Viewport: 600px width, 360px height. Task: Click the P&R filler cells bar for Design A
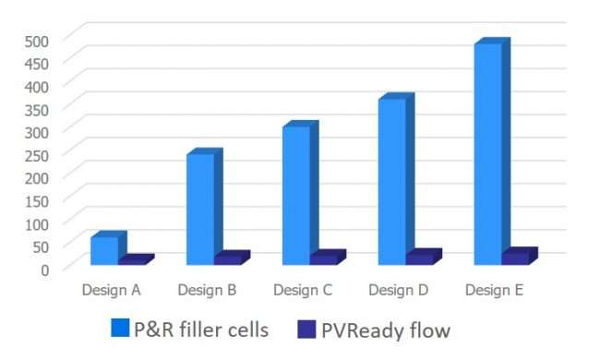[x=104, y=251]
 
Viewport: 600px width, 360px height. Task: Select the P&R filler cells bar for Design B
[x=200, y=209]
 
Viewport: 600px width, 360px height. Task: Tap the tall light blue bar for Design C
[x=296, y=195]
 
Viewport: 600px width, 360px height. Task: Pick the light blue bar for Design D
[x=392, y=181]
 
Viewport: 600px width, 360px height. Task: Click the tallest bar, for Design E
[x=488, y=153]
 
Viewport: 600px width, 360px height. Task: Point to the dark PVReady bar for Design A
[x=132, y=261]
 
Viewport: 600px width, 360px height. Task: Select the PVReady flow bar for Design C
[x=323, y=259]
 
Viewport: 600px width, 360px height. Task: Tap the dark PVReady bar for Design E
[x=515, y=258]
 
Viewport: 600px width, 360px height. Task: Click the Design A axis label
[x=111, y=290]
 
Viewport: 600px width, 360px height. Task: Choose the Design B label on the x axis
[x=207, y=290]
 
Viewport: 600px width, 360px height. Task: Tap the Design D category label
[x=398, y=290]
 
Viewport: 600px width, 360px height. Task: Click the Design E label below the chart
[x=494, y=290]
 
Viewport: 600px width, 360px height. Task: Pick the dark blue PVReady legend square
[x=308, y=328]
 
